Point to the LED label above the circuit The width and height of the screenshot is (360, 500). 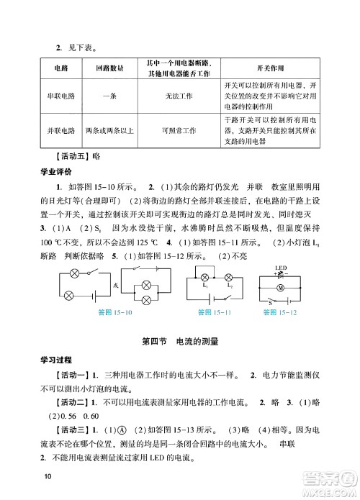click(281, 268)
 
